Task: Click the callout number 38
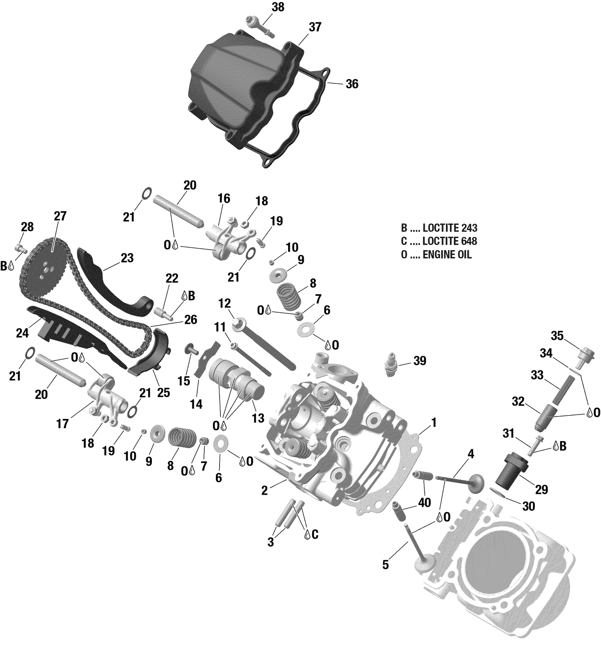[278, 7]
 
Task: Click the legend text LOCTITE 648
[450, 241]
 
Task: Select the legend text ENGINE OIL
[447, 254]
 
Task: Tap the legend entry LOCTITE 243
[450, 228]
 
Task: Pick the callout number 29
[542, 489]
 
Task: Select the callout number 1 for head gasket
[434, 423]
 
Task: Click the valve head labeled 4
[475, 481]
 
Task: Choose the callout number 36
[352, 84]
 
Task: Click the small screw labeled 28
[21, 247]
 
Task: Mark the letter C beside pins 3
[315, 534]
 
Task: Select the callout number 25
[163, 392]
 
